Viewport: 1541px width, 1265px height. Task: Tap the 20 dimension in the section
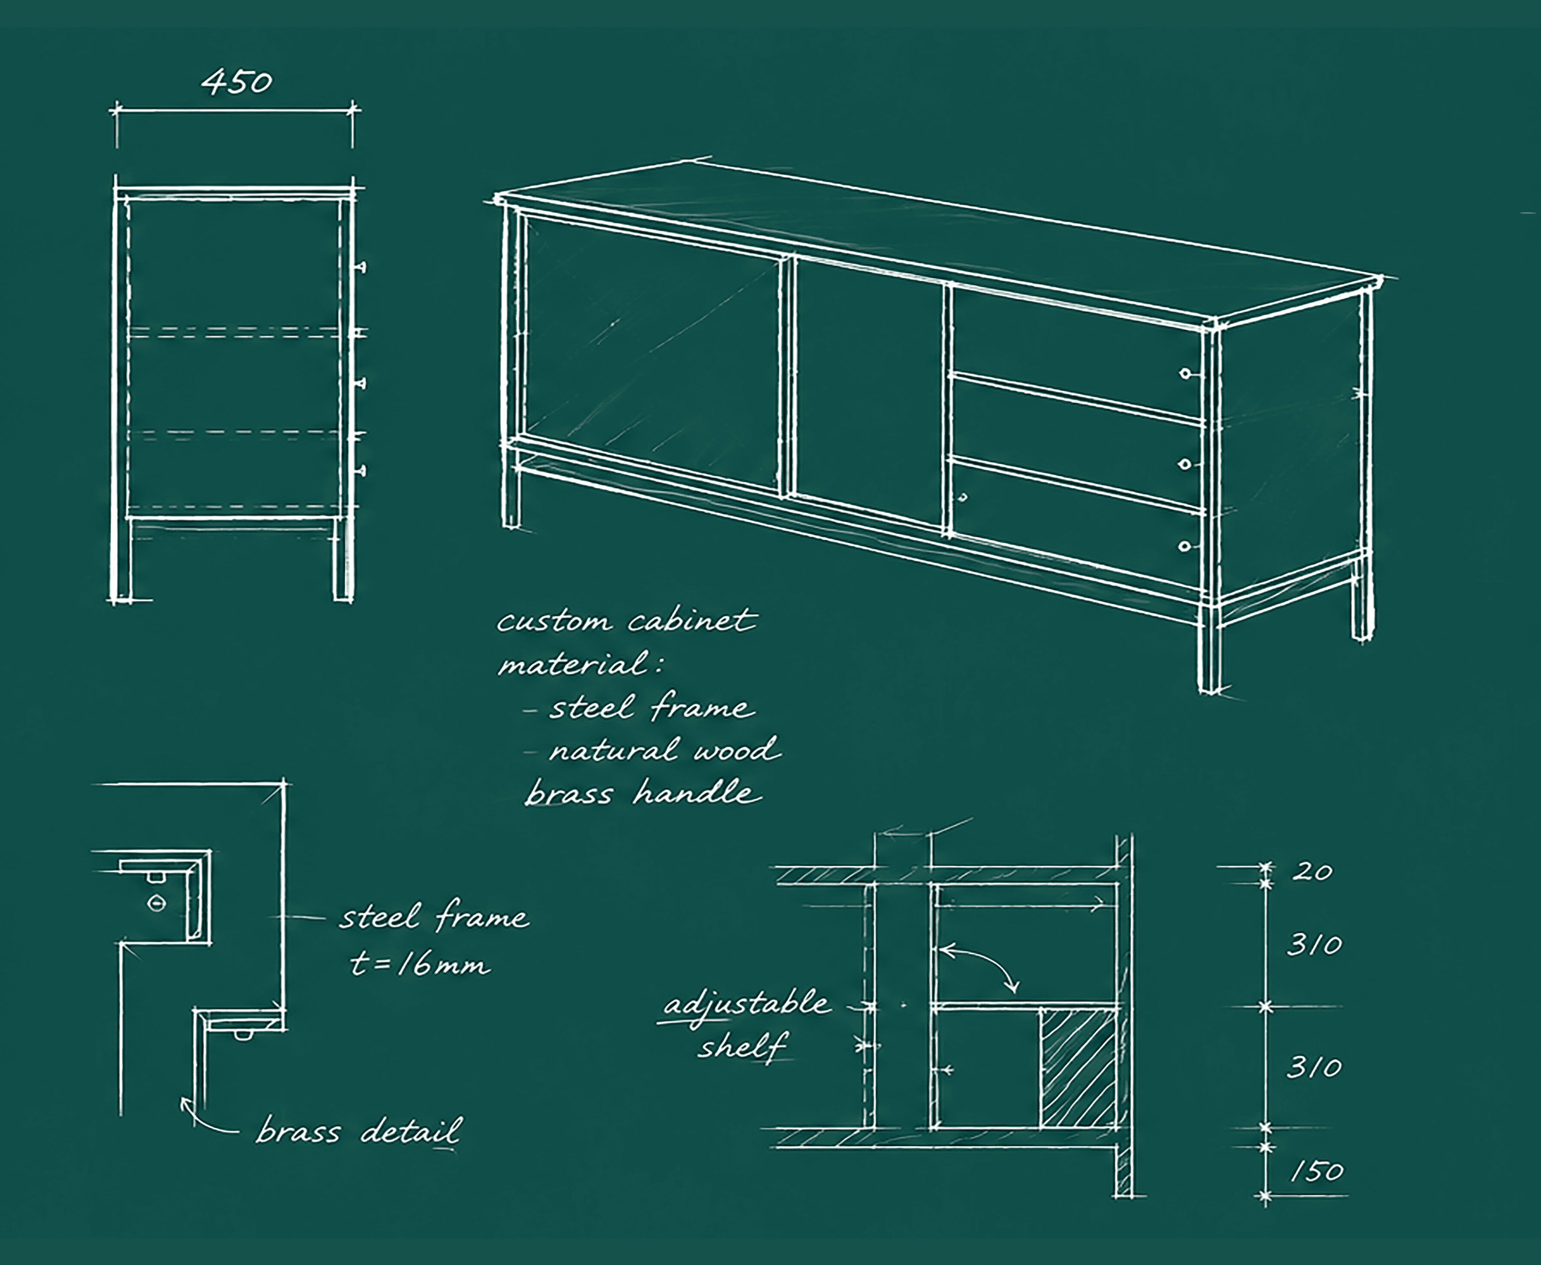click(x=1312, y=871)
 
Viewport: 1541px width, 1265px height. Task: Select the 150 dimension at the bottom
click(x=1317, y=1172)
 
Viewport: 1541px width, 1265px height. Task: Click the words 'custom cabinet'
click(x=627, y=621)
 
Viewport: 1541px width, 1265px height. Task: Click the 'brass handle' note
click(x=643, y=793)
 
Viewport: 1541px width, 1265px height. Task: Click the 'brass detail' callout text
click(x=359, y=1132)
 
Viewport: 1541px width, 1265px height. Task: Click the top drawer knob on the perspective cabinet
click(x=1185, y=374)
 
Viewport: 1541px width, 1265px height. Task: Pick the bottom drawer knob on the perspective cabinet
click(x=1184, y=546)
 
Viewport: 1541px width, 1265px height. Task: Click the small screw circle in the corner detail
click(x=157, y=903)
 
